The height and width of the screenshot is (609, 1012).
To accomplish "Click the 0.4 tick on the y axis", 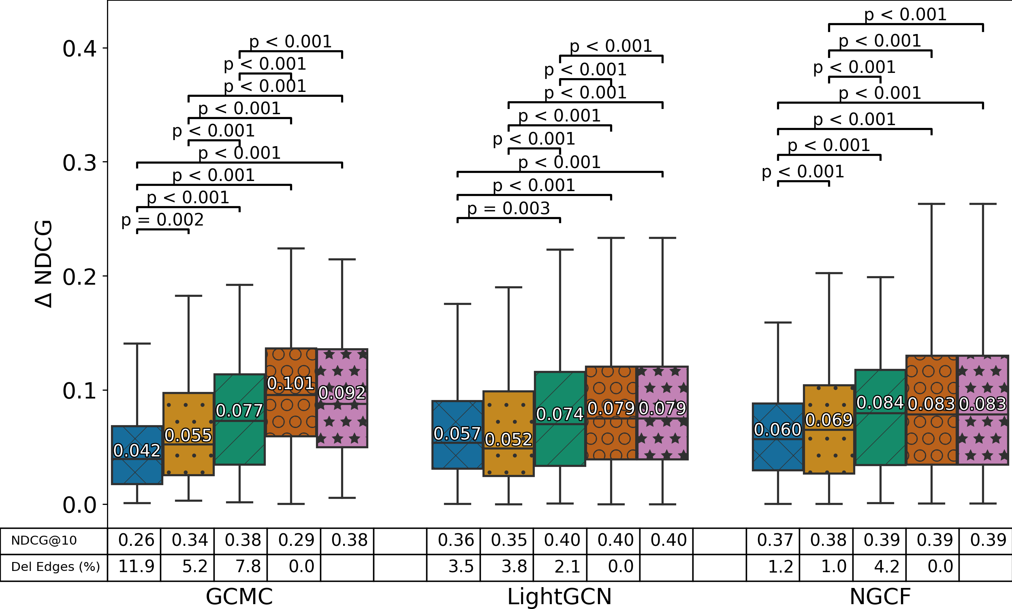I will click(79, 49).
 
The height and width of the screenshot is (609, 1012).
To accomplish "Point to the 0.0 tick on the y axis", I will click(79, 505).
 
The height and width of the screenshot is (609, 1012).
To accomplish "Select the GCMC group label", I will click(239, 596).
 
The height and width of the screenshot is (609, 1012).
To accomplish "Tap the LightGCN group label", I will click(559, 596).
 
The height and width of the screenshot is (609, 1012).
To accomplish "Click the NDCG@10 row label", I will click(44, 541).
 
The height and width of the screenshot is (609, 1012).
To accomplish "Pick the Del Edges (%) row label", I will click(56, 567).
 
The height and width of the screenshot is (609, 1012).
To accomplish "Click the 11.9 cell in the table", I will click(136, 567).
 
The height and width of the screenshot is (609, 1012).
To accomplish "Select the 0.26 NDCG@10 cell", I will click(136, 541).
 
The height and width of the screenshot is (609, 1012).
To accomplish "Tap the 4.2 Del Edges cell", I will click(886, 567).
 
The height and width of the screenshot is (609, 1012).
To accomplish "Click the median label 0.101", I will click(290, 384).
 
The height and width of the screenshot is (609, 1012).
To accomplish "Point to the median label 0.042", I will click(137, 451).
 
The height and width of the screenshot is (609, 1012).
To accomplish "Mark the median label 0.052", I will click(508, 440).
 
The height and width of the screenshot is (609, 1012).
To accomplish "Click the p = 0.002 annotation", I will click(162, 220).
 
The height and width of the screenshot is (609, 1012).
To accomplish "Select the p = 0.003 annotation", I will click(508, 209).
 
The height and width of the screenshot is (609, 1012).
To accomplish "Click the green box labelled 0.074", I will click(560, 443).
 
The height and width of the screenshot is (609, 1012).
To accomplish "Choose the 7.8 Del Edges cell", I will click(248, 567).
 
